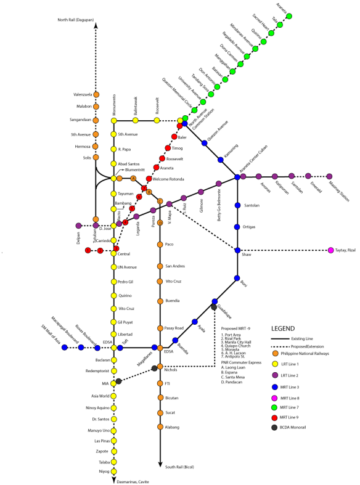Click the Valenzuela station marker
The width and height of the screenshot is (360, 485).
click(96, 94)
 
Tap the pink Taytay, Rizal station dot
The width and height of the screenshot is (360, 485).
click(331, 250)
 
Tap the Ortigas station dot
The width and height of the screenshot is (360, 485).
click(237, 227)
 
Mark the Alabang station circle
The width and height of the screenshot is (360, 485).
click(160, 426)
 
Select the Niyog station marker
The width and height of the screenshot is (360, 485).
click(113, 471)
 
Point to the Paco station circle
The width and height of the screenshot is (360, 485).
click(160, 244)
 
